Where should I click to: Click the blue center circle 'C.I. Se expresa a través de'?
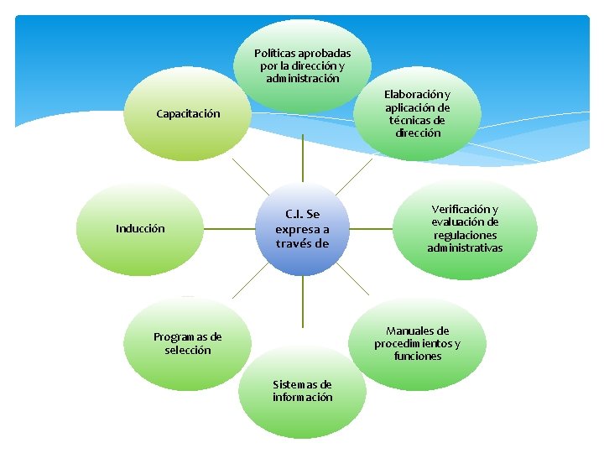[302, 228]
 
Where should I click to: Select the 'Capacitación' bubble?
[188, 114]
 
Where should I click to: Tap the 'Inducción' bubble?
[140, 228]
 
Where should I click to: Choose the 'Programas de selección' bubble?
[187, 343]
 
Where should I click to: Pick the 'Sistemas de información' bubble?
[302, 391]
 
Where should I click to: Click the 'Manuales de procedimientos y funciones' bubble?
[417, 343]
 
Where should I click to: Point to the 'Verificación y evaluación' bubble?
[465, 228]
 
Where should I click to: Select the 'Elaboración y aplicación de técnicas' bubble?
[417, 114]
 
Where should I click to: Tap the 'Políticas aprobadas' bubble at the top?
[302, 65]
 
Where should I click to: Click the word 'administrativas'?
[465, 247]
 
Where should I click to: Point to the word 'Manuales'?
[417, 331]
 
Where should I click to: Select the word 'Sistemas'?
[291, 384]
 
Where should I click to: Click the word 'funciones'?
[417, 356]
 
